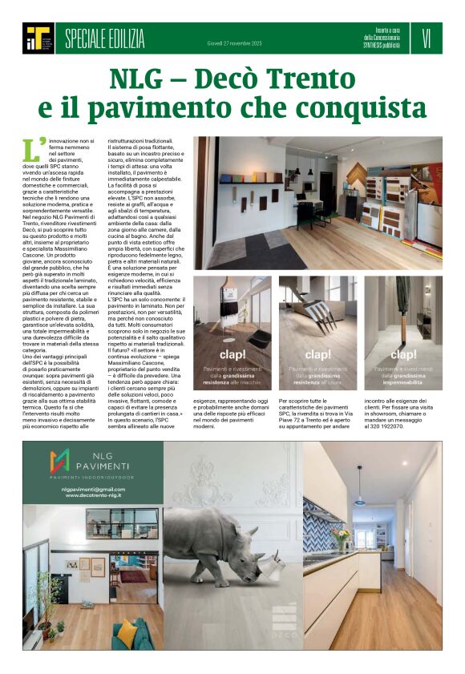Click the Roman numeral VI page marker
(x=426, y=37)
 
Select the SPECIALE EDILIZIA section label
(x=104, y=37)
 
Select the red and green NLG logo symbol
(x=61, y=460)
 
